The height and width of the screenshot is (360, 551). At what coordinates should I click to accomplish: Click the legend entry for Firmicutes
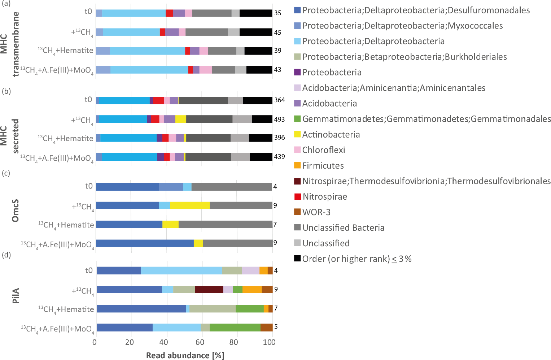[323, 166]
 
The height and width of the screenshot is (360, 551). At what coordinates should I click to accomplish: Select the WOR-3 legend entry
[316, 212]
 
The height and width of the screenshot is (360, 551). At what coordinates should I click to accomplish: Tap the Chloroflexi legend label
[323, 150]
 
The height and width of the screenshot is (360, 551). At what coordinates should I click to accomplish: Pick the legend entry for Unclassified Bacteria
[343, 228]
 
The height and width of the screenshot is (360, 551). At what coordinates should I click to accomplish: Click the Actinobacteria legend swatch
[297, 135]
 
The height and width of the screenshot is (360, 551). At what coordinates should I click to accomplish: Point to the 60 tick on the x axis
[201, 342]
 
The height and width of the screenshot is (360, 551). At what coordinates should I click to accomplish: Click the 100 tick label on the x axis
[270, 342]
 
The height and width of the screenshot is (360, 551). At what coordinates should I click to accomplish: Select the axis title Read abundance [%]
[185, 355]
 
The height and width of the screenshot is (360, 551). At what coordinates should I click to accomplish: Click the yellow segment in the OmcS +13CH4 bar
[190, 205]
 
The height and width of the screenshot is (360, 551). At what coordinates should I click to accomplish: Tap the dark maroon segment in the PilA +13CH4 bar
[209, 290]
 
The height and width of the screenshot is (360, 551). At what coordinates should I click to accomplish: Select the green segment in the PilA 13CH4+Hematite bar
[250, 308]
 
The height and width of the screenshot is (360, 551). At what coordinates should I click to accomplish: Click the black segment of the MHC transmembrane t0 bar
[256, 13]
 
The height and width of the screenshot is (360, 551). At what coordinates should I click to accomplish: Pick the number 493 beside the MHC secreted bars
[279, 119]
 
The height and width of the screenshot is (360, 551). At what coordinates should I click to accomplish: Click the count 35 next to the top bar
[277, 13]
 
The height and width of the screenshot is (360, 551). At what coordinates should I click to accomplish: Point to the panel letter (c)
[6, 173]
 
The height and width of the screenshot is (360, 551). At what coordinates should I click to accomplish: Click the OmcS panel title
[15, 210]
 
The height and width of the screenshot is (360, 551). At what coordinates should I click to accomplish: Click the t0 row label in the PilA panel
[89, 270]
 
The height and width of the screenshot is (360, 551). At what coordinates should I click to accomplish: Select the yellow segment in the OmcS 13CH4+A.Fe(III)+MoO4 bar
[198, 243]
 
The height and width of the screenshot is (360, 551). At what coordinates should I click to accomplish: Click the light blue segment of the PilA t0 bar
[182, 270]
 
